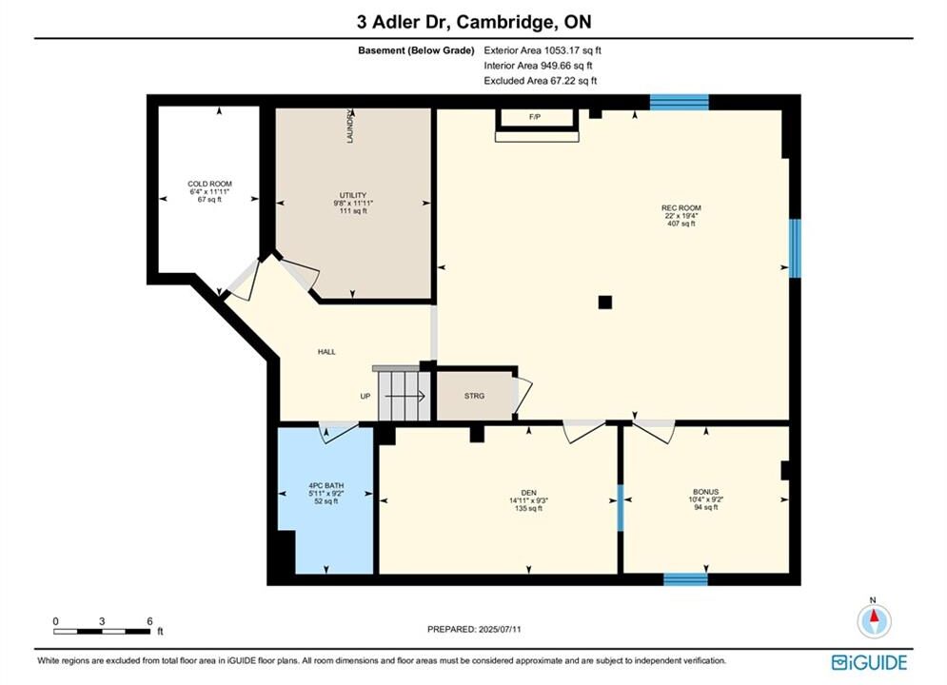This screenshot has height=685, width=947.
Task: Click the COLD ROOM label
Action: [x=209, y=184]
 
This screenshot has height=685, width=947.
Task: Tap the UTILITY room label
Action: [x=353, y=195]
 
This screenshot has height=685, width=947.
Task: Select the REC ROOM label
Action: [x=681, y=207]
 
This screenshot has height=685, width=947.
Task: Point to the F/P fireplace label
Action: [x=535, y=117]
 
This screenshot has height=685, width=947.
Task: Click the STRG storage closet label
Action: [x=474, y=396]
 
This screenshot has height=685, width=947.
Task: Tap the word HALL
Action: [x=326, y=352]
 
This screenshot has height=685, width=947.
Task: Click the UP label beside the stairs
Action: [x=365, y=396]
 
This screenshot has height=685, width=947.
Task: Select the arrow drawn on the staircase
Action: [x=405, y=396]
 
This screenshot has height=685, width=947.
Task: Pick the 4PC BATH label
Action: [x=326, y=485]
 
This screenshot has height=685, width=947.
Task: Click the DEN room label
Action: [x=528, y=493]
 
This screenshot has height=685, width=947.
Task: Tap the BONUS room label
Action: [x=705, y=492]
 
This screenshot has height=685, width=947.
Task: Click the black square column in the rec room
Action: [x=605, y=303]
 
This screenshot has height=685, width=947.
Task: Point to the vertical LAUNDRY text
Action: [x=349, y=127]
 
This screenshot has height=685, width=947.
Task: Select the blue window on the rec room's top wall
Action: [x=680, y=102]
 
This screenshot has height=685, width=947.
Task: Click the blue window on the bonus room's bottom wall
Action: [x=685, y=579]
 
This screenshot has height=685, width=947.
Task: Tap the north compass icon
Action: [x=874, y=619]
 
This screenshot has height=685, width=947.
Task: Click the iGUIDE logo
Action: [x=869, y=663]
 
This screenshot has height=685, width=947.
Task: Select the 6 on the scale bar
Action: [x=149, y=621]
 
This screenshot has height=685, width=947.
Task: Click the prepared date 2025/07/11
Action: [x=500, y=629]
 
